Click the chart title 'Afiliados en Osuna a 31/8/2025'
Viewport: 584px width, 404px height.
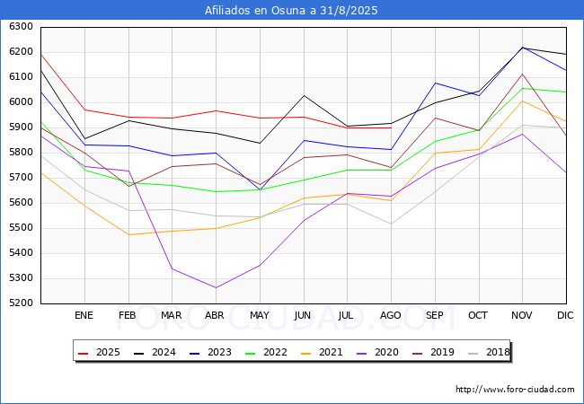(x=291, y=11)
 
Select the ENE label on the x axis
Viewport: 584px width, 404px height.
(x=84, y=315)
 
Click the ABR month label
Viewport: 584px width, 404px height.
(x=215, y=315)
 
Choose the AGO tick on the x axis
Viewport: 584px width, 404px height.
(x=391, y=315)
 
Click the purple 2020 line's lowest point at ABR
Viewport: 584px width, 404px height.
(x=215, y=288)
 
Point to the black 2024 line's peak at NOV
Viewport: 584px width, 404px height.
(x=522, y=48)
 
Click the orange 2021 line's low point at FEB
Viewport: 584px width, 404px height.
(x=128, y=235)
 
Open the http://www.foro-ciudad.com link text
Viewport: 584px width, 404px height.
(x=515, y=390)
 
